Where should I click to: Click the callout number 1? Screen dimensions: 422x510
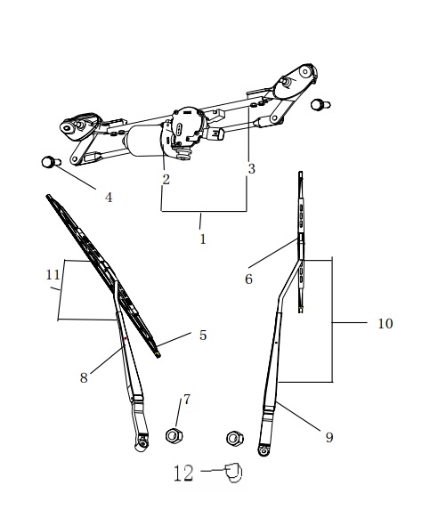click(x=203, y=239)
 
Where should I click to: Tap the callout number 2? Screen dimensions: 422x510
click(x=166, y=180)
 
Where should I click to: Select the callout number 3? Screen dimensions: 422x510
click(x=251, y=168)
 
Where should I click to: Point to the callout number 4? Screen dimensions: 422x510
click(x=109, y=197)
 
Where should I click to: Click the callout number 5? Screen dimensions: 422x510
click(x=203, y=335)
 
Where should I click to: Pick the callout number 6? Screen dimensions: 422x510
click(x=248, y=279)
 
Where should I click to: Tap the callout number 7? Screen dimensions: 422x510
click(x=186, y=400)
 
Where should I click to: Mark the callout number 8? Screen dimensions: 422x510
click(x=84, y=377)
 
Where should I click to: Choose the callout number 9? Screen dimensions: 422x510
click(x=329, y=438)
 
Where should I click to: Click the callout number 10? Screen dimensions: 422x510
click(x=385, y=324)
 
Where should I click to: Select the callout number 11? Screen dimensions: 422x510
click(x=53, y=275)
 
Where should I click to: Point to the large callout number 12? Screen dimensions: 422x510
click(x=183, y=473)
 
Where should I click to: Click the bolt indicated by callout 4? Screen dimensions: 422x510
click(x=51, y=162)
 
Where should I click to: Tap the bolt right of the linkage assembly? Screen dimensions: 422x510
click(x=321, y=105)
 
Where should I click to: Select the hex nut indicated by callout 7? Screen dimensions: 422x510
click(x=174, y=435)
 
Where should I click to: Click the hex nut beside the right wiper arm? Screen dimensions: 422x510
click(x=235, y=438)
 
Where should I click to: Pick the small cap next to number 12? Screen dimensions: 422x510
click(x=234, y=474)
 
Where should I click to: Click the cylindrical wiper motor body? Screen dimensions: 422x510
click(x=143, y=142)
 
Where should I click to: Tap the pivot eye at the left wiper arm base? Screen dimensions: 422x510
click(x=142, y=444)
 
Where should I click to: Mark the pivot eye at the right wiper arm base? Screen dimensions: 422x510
click(x=264, y=450)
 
